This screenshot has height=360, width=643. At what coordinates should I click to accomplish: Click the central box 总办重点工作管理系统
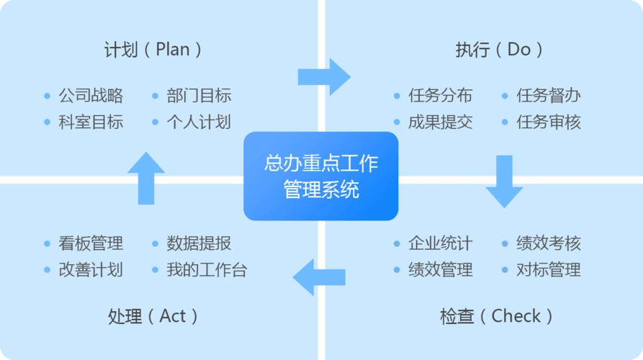click(320, 176)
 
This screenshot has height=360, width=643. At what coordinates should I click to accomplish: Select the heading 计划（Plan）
click(153, 50)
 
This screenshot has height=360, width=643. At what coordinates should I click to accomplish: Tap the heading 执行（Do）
click(500, 50)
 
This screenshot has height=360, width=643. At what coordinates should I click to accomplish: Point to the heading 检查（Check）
click(497, 316)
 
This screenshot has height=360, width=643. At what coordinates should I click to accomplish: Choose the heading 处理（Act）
click(153, 316)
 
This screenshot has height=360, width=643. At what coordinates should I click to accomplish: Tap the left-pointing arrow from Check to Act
click(318, 277)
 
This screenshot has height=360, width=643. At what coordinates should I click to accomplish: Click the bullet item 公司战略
click(91, 96)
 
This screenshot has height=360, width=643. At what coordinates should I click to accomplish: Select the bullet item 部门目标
click(199, 96)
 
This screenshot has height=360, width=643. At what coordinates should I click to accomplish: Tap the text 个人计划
click(199, 122)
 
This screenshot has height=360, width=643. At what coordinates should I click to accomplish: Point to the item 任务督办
click(549, 96)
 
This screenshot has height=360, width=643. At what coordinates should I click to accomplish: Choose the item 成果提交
click(441, 122)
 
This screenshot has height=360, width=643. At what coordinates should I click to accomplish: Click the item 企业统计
click(441, 243)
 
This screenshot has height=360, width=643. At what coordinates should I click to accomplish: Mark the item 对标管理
click(549, 270)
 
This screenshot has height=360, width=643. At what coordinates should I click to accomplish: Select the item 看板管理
click(91, 243)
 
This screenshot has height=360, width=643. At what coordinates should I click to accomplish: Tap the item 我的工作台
click(207, 270)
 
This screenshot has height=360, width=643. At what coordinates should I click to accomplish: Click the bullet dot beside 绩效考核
click(505, 244)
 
